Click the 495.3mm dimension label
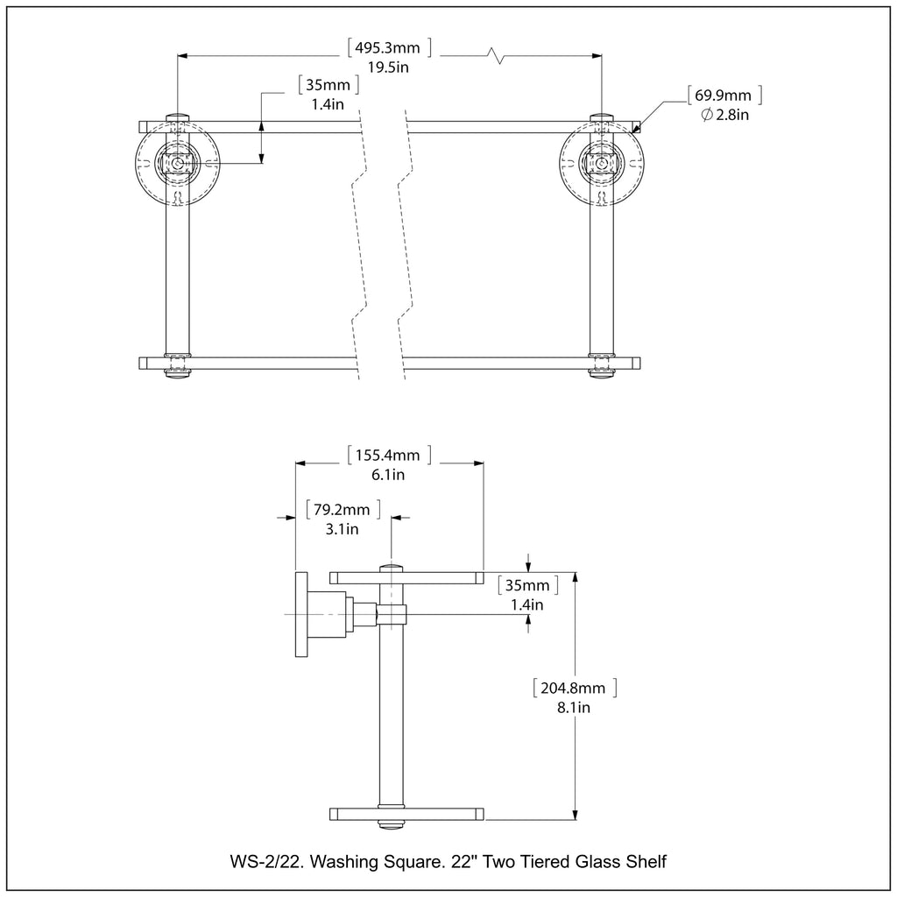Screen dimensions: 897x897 tap(388, 47)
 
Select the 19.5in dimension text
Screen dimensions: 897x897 tap(388, 67)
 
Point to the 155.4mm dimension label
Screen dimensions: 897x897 tap(388, 456)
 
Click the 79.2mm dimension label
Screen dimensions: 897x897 tap(343, 510)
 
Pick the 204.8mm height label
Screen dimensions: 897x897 tap(574, 688)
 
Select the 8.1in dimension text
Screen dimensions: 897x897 tap(574, 708)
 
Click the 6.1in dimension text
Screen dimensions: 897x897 tap(388, 475)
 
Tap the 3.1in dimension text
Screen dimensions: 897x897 tap(343, 529)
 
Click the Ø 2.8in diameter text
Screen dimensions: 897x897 tap(724, 115)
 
